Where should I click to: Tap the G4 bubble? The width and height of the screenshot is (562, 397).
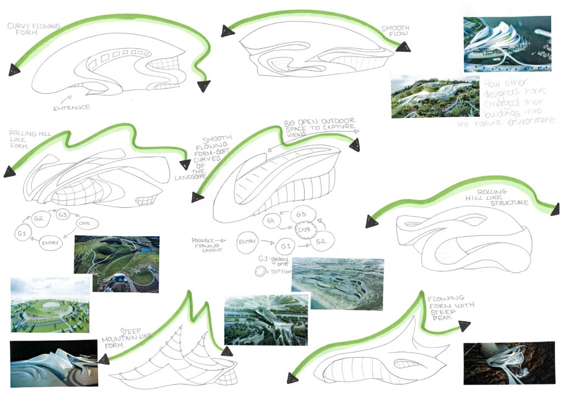coord(271,221)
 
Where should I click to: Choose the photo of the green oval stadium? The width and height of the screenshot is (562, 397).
coord(50,305)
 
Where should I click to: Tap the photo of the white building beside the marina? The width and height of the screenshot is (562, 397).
coord(507,44)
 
